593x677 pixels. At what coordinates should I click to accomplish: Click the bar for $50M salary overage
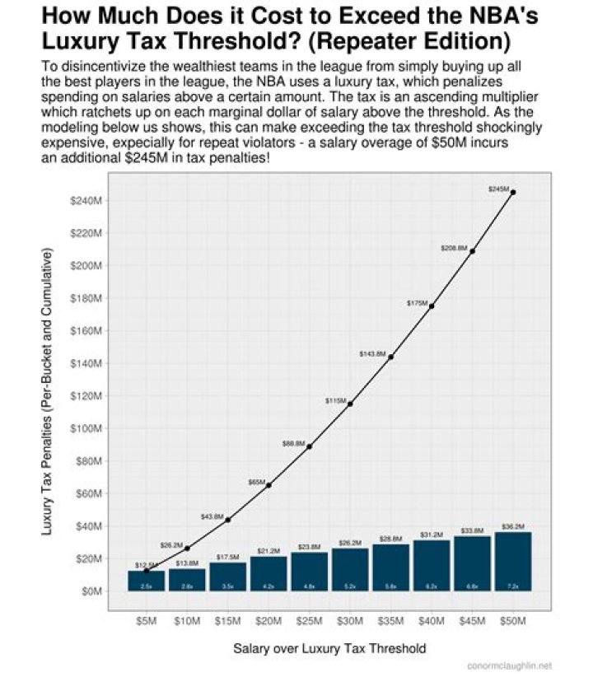pyautogui.click(x=512, y=561)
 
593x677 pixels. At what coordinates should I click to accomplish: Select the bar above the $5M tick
pyautogui.click(x=146, y=580)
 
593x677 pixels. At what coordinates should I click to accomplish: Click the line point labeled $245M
pyautogui.click(x=513, y=193)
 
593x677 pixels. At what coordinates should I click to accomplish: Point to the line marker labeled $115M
pyautogui.click(x=350, y=404)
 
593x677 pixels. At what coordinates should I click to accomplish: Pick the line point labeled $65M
pyautogui.click(x=268, y=485)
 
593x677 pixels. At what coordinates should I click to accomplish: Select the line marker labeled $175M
pyautogui.click(x=432, y=306)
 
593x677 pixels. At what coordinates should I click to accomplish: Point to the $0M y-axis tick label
pyautogui.click(x=91, y=591)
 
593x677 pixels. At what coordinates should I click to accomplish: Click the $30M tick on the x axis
pyautogui.click(x=350, y=620)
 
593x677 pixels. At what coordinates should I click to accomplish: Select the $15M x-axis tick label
pyautogui.click(x=227, y=620)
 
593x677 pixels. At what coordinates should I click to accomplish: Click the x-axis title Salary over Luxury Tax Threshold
pyautogui.click(x=329, y=649)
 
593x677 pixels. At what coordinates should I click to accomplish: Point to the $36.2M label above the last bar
pyautogui.click(x=513, y=525)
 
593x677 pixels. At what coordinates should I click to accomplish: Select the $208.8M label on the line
pyautogui.click(x=455, y=247)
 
